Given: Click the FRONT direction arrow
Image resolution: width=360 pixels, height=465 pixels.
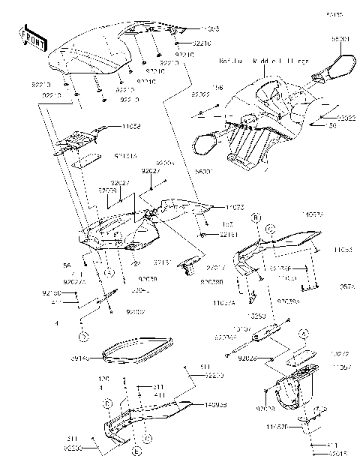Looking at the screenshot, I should tap(31, 37).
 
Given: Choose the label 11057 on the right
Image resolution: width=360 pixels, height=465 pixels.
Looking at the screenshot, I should tap(341, 367).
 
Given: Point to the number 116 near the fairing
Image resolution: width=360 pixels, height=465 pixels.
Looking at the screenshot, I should tap(217, 88).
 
